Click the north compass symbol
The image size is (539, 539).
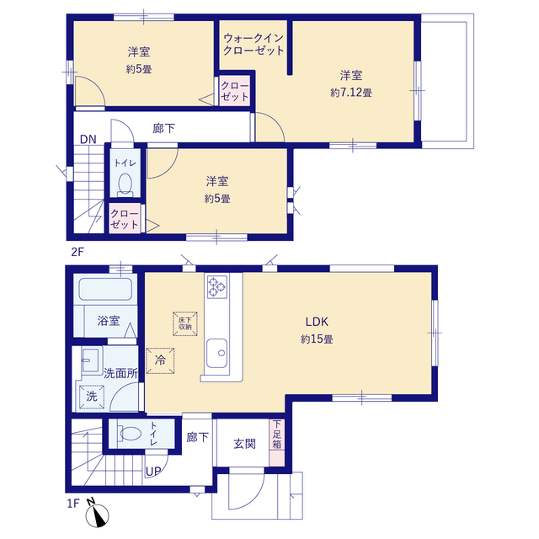97,514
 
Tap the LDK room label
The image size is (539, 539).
317,322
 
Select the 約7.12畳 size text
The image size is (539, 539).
351,93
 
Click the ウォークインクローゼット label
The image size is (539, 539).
253,44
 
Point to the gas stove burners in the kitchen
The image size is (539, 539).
217,286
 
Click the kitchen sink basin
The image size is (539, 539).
217,353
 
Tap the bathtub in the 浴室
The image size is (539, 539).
105,289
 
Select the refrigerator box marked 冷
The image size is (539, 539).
160,360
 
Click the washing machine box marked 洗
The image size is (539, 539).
92,397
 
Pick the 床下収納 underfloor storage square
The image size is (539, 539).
185,323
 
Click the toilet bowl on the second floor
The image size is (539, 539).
125,184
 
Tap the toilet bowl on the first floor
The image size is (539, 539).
130,434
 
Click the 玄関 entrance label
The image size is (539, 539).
244,444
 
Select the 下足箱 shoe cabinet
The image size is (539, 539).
277,442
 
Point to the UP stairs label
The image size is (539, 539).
153,472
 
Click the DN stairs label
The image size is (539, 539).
88,139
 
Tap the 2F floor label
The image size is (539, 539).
77,252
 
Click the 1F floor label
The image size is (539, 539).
73,504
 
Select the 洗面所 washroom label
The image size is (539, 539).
120,373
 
